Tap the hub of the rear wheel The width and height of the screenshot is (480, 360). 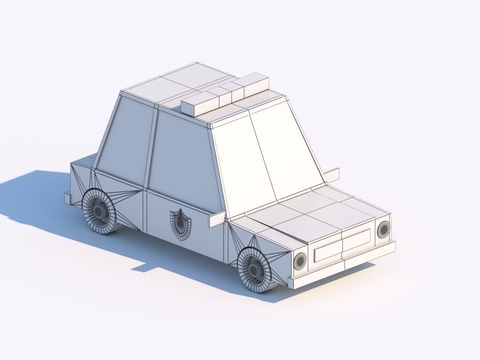pos(98,210)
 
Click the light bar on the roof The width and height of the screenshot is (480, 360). pos(225,95)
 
